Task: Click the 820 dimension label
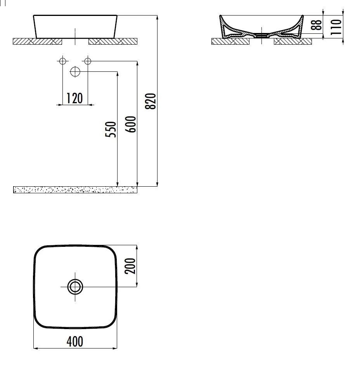[151, 101]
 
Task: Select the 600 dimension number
[131, 124]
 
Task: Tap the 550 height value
[111, 129]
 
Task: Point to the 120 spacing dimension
[74, 98]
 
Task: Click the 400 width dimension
[75, 342]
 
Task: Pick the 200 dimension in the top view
[130, 266]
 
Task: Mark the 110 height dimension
[336, 27]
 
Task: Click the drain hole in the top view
[75, 287]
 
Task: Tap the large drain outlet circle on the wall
[75, 71]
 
